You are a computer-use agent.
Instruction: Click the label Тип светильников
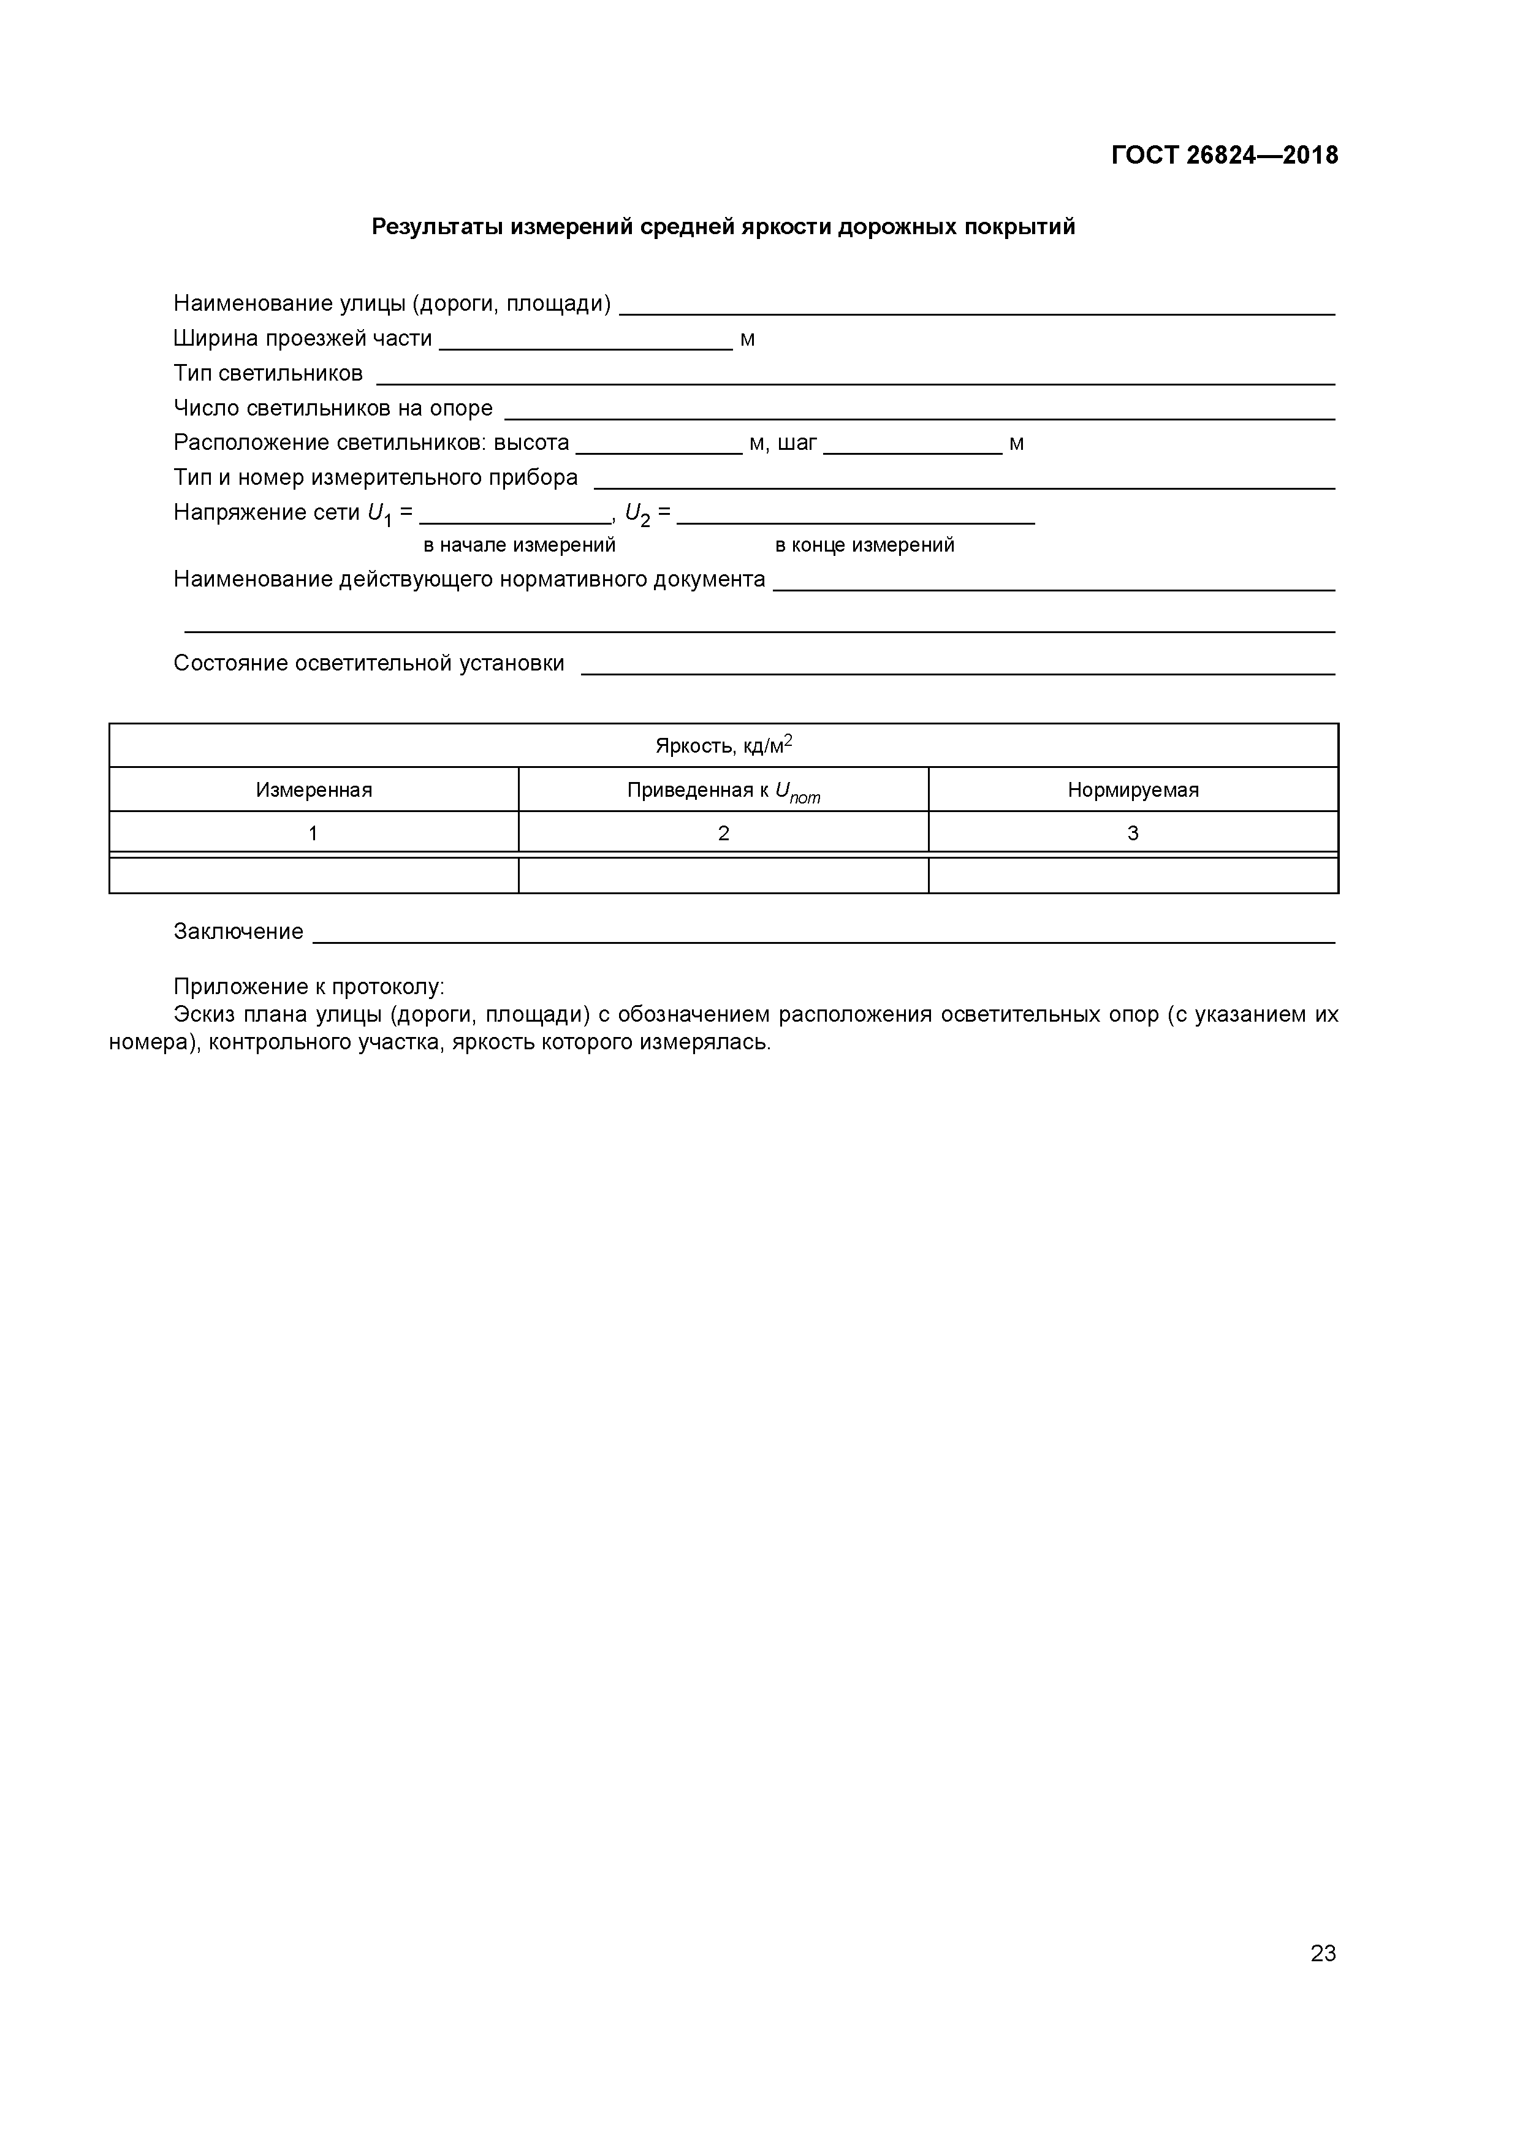(x=268, y=374)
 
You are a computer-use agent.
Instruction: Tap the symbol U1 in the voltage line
(x=379, y=514)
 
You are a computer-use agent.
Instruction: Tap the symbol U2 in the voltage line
(x=637, y=514)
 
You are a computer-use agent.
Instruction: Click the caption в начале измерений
(x=519, y=545)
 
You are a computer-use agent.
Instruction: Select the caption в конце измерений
(x=864, y=545)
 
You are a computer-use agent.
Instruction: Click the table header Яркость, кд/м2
(x=723, y=745)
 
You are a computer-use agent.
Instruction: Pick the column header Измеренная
(x=314, y=789)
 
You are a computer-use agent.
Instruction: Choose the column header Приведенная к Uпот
(x=723, y=791)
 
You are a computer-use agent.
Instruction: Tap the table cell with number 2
(x=723, y=832)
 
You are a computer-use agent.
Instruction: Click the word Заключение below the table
(x=239, y=932)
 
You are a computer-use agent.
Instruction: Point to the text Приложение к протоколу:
(x=309, y=987)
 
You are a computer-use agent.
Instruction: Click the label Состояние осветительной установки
(x=369, y=664)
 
